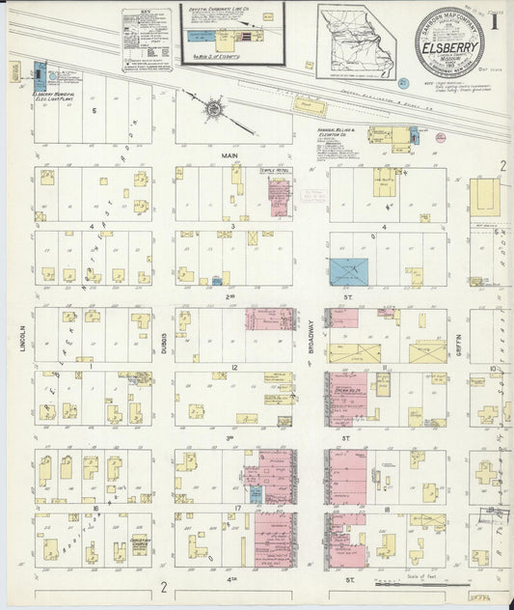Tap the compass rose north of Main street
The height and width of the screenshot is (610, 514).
[213, 110]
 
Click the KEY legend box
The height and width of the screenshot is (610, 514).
[146, 40]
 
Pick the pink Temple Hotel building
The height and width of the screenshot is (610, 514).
[280, 197]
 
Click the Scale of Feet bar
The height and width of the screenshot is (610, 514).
[396, 581]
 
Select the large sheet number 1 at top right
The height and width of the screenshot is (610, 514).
[493, 19]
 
